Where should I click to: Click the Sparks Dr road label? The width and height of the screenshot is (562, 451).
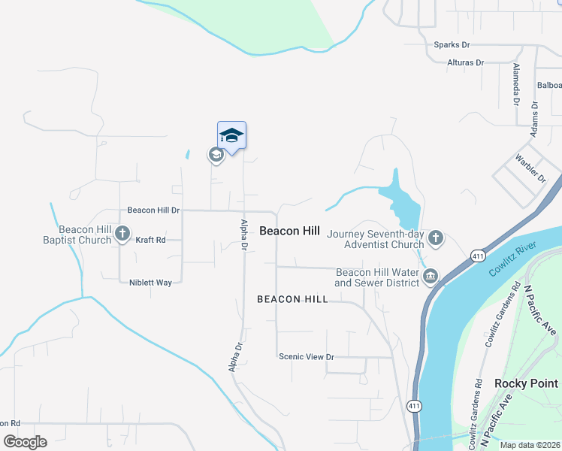[452, 45]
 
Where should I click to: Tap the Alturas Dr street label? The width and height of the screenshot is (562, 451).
[466, 62]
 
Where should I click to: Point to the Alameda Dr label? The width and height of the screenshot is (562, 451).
[516, 83]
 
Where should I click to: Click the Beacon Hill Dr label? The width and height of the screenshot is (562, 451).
[154, 210]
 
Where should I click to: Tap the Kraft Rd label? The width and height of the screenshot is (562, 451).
[150, 240]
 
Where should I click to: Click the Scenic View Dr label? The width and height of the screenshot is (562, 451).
[306, 356]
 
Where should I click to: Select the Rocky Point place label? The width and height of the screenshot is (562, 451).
[527, 383]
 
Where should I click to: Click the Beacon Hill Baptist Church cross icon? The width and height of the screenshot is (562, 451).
[123, 235]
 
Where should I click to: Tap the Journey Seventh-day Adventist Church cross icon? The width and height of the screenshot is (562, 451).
[436, 238]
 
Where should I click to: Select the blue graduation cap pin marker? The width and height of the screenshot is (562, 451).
[231, 135]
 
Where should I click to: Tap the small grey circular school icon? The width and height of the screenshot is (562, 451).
[216, 156]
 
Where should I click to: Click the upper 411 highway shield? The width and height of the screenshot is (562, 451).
[478, 256]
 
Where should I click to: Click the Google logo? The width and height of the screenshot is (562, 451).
[24, 442]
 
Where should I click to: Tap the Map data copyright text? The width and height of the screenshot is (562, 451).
[529, 445]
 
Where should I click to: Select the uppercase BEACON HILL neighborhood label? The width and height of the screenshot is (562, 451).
[292, 299]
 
